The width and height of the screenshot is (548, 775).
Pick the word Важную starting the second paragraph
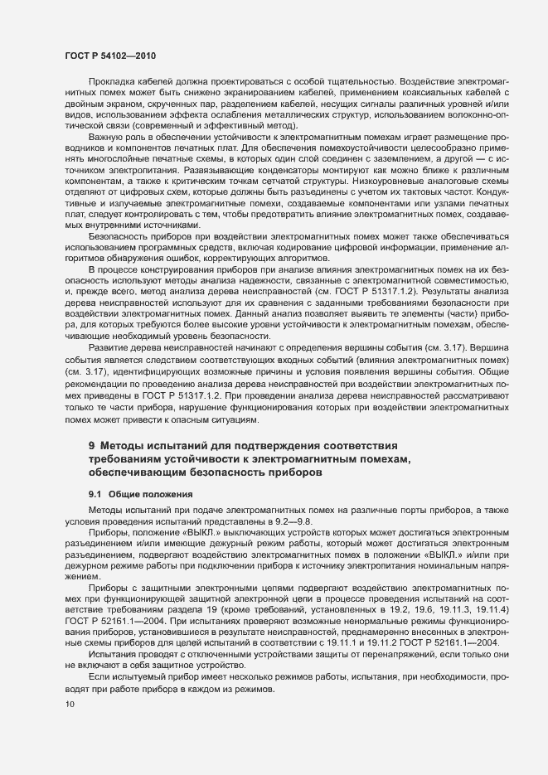(x=108, y=135)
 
